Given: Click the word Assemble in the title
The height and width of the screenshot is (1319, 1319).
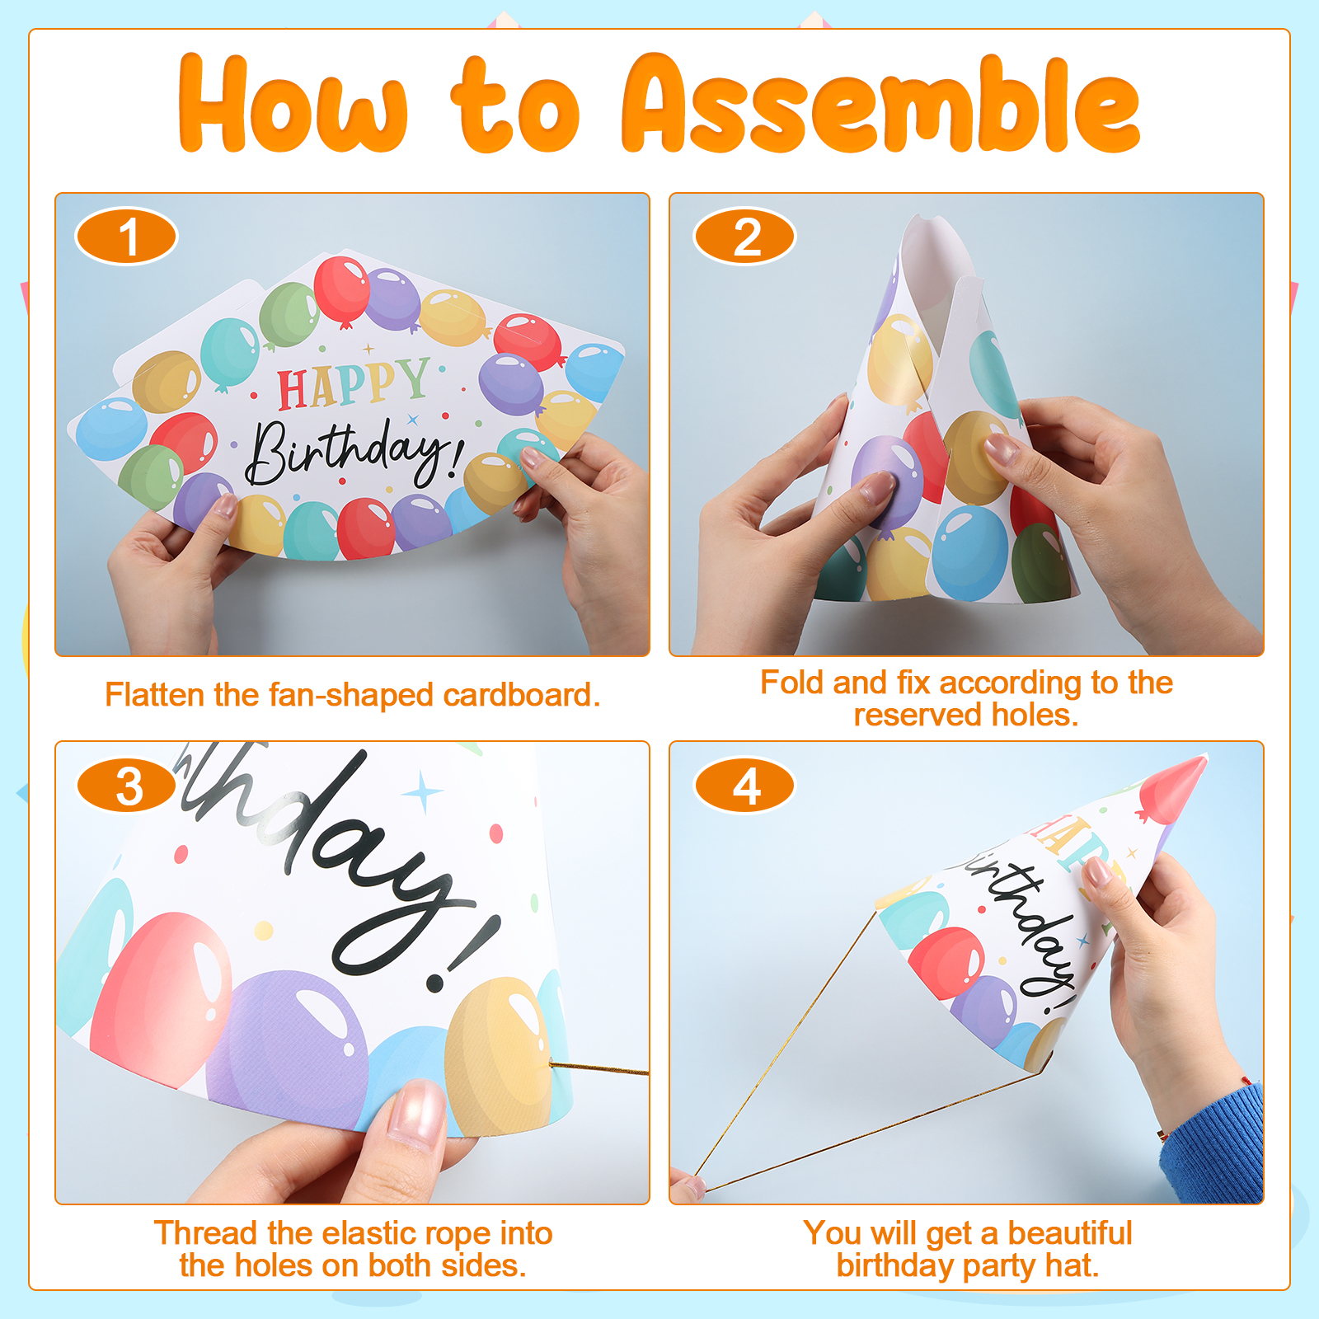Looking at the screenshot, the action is pos(880,104).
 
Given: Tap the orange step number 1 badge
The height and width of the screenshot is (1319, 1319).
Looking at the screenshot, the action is pos(126,237).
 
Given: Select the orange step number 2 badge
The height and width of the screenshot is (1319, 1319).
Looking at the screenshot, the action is pos(744,237).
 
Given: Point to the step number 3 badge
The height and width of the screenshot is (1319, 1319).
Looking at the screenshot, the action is pos(126,786).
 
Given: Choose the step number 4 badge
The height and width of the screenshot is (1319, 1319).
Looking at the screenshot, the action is pos(744,786).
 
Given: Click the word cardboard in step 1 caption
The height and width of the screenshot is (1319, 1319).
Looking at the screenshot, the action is pos(522,695).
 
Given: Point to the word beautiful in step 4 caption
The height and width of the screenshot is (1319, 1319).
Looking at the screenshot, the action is pos(1070,1233).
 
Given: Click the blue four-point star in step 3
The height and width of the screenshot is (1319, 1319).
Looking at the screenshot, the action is pos(424,792).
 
